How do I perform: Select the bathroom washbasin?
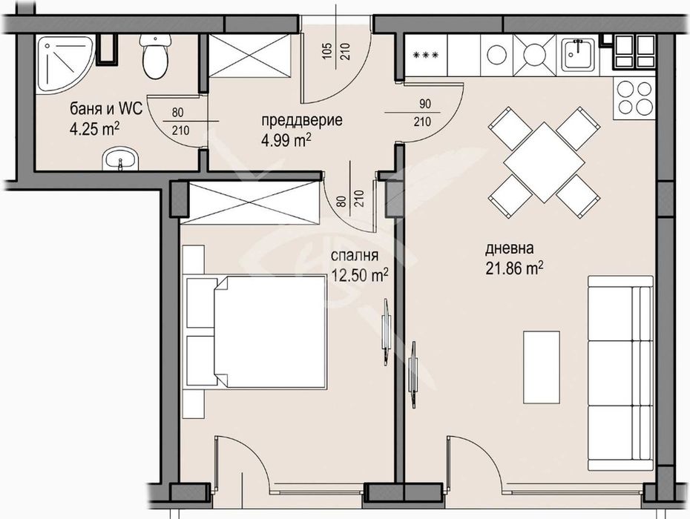(x=119, y=157)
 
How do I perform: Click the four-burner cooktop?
(x=634, y=99)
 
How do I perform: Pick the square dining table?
(x=544, y=161)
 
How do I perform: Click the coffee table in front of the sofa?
(x=541, y=366)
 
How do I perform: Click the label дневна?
(x=510, y=248)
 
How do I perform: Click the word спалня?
(x=355, y=257)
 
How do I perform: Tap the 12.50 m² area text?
(x=360, y=275)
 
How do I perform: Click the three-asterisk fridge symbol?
(x=426, y=55)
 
